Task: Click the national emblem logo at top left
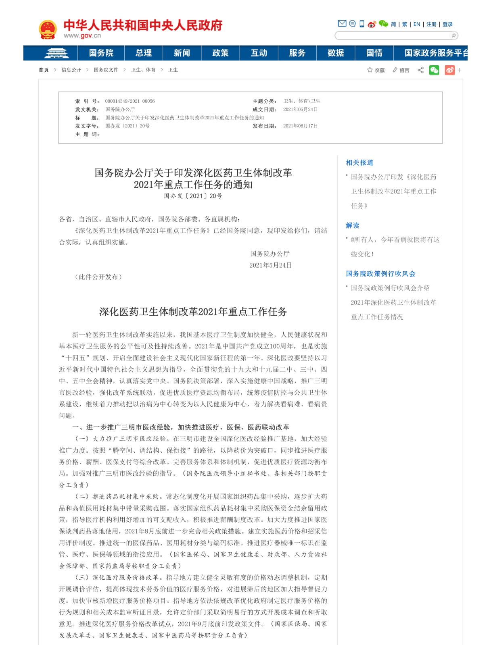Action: [48, 29]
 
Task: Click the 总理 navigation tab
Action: [143, 53]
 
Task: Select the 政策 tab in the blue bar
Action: [220, 53]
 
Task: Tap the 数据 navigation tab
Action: [336, 53]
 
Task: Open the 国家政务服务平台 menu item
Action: [436, 53]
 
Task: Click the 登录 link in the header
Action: [447, 24]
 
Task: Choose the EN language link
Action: [417, 24]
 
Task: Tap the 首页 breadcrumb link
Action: [44, 70]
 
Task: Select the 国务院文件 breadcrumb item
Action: [106, 70]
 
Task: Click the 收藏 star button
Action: [376, 70]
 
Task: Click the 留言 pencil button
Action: [401, 70]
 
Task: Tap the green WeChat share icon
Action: [434, 70]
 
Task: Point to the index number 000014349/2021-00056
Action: [130, 101]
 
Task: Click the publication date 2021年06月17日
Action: [300, 126]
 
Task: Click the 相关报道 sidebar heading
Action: [359, 162]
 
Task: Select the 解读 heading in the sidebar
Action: [352, 225]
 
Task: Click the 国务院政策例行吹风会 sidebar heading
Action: [380, 274]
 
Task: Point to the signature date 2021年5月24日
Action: [270, 265]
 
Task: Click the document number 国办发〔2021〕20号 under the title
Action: [193, 196]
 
